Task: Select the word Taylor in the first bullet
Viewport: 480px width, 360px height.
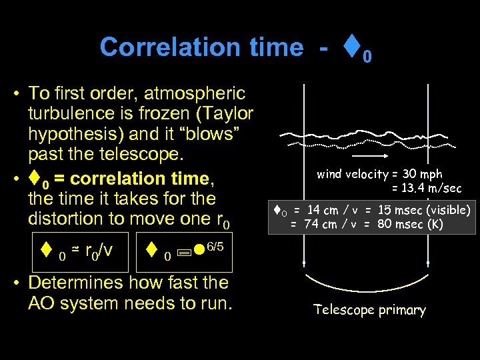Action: click(226, 113)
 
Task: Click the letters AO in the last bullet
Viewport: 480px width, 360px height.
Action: click(44, 303)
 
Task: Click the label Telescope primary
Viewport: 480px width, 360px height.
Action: click(370, 310)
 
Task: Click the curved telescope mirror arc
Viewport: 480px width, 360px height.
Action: click(370, 287)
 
